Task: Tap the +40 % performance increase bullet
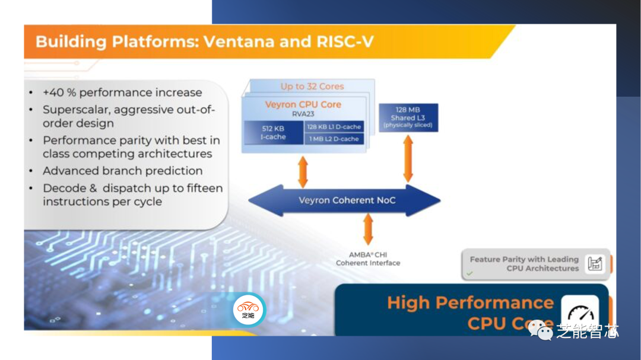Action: [122, 93]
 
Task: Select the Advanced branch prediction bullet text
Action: [123, 171]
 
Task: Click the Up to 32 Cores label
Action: [312, 87]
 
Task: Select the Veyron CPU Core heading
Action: [303, 104]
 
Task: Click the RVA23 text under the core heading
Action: [303, 114]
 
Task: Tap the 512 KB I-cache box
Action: [274, 132]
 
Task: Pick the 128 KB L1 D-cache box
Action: [333, 127]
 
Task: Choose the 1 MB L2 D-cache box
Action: [333, 139]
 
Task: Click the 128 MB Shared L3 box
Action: [408, 117]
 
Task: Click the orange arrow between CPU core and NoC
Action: [303, 172]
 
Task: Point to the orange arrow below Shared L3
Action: [408, 158]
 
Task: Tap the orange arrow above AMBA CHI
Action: [368, 230]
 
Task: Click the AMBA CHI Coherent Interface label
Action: [368, 259]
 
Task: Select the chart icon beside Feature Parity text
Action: [595, 264]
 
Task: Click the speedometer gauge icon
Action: [580, 313]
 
